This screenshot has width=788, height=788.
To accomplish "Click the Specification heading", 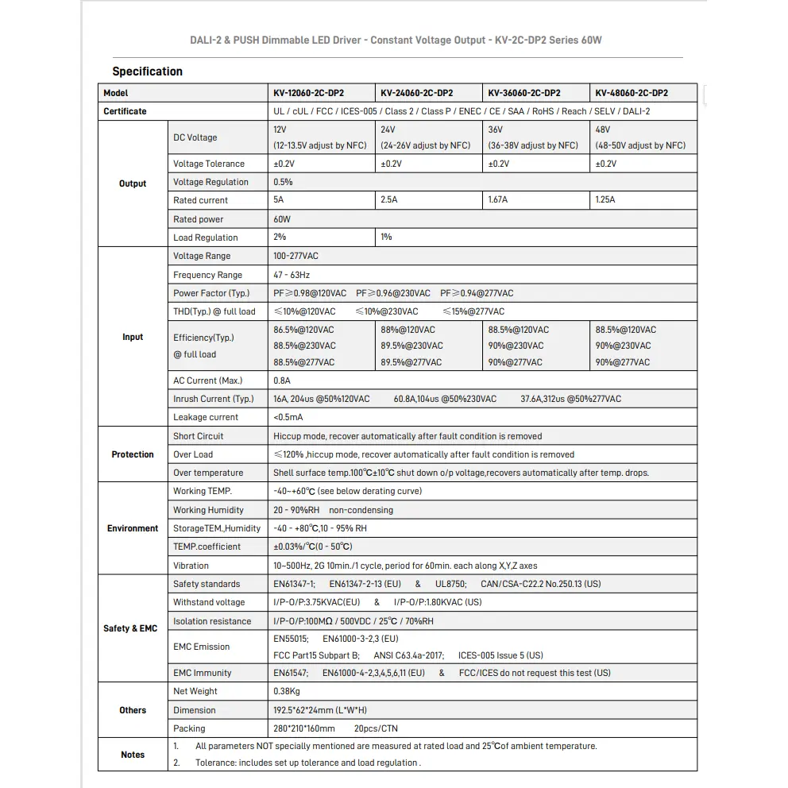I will pos(147,71).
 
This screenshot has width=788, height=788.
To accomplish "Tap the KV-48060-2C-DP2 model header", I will pos(632,93).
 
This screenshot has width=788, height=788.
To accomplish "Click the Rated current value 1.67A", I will pos(498,200).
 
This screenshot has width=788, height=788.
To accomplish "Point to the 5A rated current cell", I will pos(278,200).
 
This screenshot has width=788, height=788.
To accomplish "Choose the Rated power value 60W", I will pos(282,219).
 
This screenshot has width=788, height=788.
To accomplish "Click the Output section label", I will pos(133,183).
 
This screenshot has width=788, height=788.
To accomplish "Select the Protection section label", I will pos(133,454).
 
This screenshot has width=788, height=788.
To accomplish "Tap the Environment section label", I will pos(133,528).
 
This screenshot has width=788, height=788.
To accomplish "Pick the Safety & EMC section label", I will pos(130,628).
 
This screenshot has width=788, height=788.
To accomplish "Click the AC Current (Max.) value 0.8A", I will pos(284,380).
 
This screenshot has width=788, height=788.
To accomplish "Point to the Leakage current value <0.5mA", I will pos(288,417).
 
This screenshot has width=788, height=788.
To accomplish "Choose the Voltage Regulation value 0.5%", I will pos(283,182).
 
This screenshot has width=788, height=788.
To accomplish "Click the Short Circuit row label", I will pos(199,436).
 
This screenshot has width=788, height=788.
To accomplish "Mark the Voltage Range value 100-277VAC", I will pos(295,256).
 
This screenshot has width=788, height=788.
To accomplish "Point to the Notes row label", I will pos(133,755).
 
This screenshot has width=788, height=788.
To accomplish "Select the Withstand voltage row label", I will pos(209,602).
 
